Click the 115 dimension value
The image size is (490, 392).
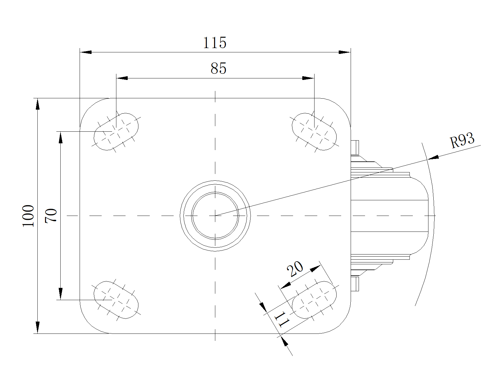pyautogui.click(x=214, y=43)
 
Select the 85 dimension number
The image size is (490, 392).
pyautogui.click(x=218, y=68)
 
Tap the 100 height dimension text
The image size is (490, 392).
pyautogui.click(x=28, y=216)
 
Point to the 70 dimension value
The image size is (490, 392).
pyautogui.click(x=51, y=216)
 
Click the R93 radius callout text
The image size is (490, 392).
pyautogui.click(x=462, y=140)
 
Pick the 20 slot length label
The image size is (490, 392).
pyautogui.click(x=295, y=269)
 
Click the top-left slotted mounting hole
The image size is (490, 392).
pyautogui.click(x=116, y=132)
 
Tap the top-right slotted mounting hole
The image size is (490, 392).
pyautogui.click(x=314, y=132)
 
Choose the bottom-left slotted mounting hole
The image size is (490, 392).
pyautogui.click(x=116, y=300)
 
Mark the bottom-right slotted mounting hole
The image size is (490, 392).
pyautogui.click(x=314, y=300)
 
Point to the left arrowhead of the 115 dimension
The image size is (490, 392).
pyautogui.click(x=86, y=52)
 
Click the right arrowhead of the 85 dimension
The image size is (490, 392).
pyautogui.click(x=308, y=78)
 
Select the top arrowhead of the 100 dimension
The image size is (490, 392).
pyautogui.click(x=38, y=104)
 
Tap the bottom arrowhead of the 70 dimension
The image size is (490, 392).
pyautogui.click(x=61, y=294)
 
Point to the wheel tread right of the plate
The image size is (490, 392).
pyautogui.click(x=389, y=216)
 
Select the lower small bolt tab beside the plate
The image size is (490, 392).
pyautogui.click(x=355, y=284)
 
